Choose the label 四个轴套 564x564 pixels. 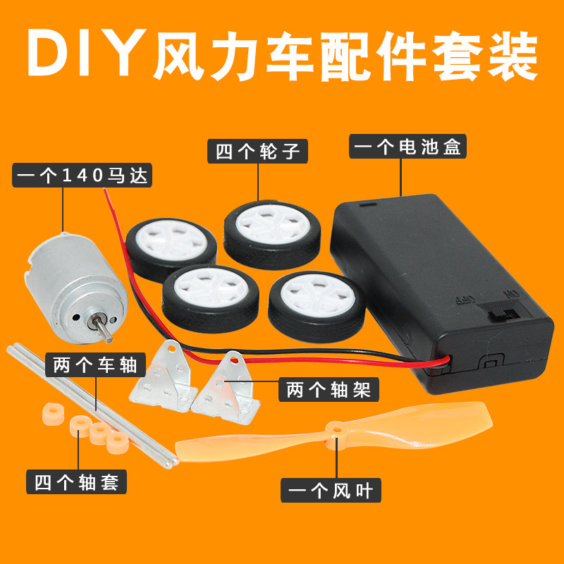pyautogui.click(x=77, y=482)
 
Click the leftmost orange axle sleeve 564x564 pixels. pyautogui.click(x=51, y=412)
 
